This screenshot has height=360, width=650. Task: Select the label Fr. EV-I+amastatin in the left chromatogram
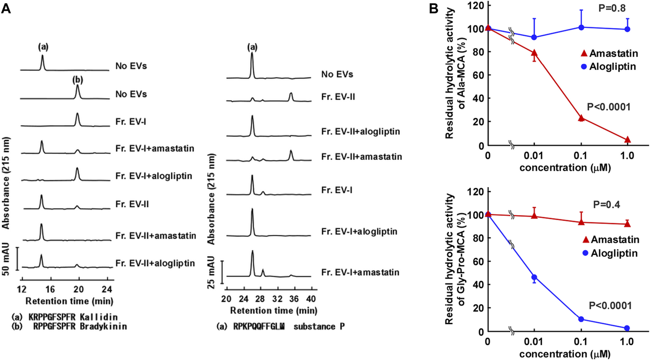click(154, 149)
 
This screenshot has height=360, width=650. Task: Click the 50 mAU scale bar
click(17, 259)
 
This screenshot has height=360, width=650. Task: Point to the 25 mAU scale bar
click(222, 272)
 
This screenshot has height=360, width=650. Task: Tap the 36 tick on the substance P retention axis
click(294, 298)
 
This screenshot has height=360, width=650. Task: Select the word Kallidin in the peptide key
click(99, 317)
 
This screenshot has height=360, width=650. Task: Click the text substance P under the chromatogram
click(319, 326)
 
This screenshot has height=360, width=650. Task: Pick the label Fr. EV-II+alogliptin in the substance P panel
click(360, 131)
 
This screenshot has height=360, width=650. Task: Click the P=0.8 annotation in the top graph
click(611, 8)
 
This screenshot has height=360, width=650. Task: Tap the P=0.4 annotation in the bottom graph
click(606, 204)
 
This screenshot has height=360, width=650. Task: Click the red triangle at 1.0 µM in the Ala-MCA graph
click(627, 140)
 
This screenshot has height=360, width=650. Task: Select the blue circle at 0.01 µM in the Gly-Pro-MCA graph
click(534, 277)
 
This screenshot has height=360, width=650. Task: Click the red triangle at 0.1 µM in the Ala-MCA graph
click(581, 118)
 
